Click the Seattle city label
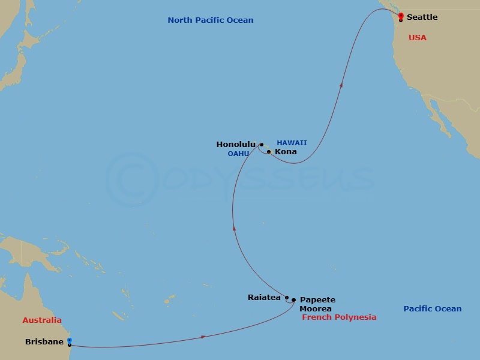pyautogui.click(x=422, y=17)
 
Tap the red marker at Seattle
pyautogui.click(x=401, y=16)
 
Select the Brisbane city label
pyautogui.click(x=44, y=342)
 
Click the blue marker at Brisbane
pyautogui.click(x=70, y=341)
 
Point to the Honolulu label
pyautogui.click(x=236, y=145)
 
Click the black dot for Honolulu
pyautogui.click(x=262, y=145)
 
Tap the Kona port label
pyautogui.click(x=286, y=152)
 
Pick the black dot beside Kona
pyautogui.click(x=269, y=152)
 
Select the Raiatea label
pyautogui.click(x=264, y=297)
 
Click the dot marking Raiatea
pyautogui.click(x=287, y=298)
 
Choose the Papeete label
pyautogui.click(x=317, y=300)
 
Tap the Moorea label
pyautogui.click(x=316, y=309)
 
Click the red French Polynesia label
pyautogui.click(x=339, y=317)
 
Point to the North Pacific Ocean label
pyautogui.click(x=210, y=20)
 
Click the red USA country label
pyautogui.click(x=417, y=38)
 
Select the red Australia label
pyautogui.click(x=42, y=320)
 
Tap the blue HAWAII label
pyautogui.click(x=292, y=143)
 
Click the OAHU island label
pyautogui.click(x=238, y=154)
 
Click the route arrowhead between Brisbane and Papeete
pyautogui.click(x=204, y=337)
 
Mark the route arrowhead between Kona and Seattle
pyautogui.click(x=341, y=85)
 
